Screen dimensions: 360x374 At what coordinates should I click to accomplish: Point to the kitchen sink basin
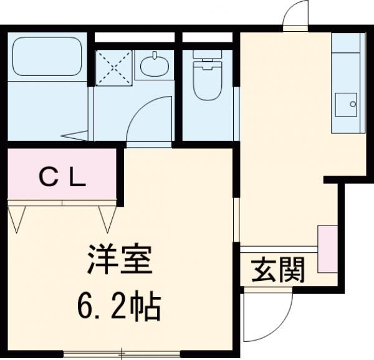(346, 105)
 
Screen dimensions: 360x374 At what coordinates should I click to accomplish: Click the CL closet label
(63, 178)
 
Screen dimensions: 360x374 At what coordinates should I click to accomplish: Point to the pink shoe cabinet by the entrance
(326, 249)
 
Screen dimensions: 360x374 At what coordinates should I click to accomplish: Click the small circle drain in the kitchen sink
(353, 104)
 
